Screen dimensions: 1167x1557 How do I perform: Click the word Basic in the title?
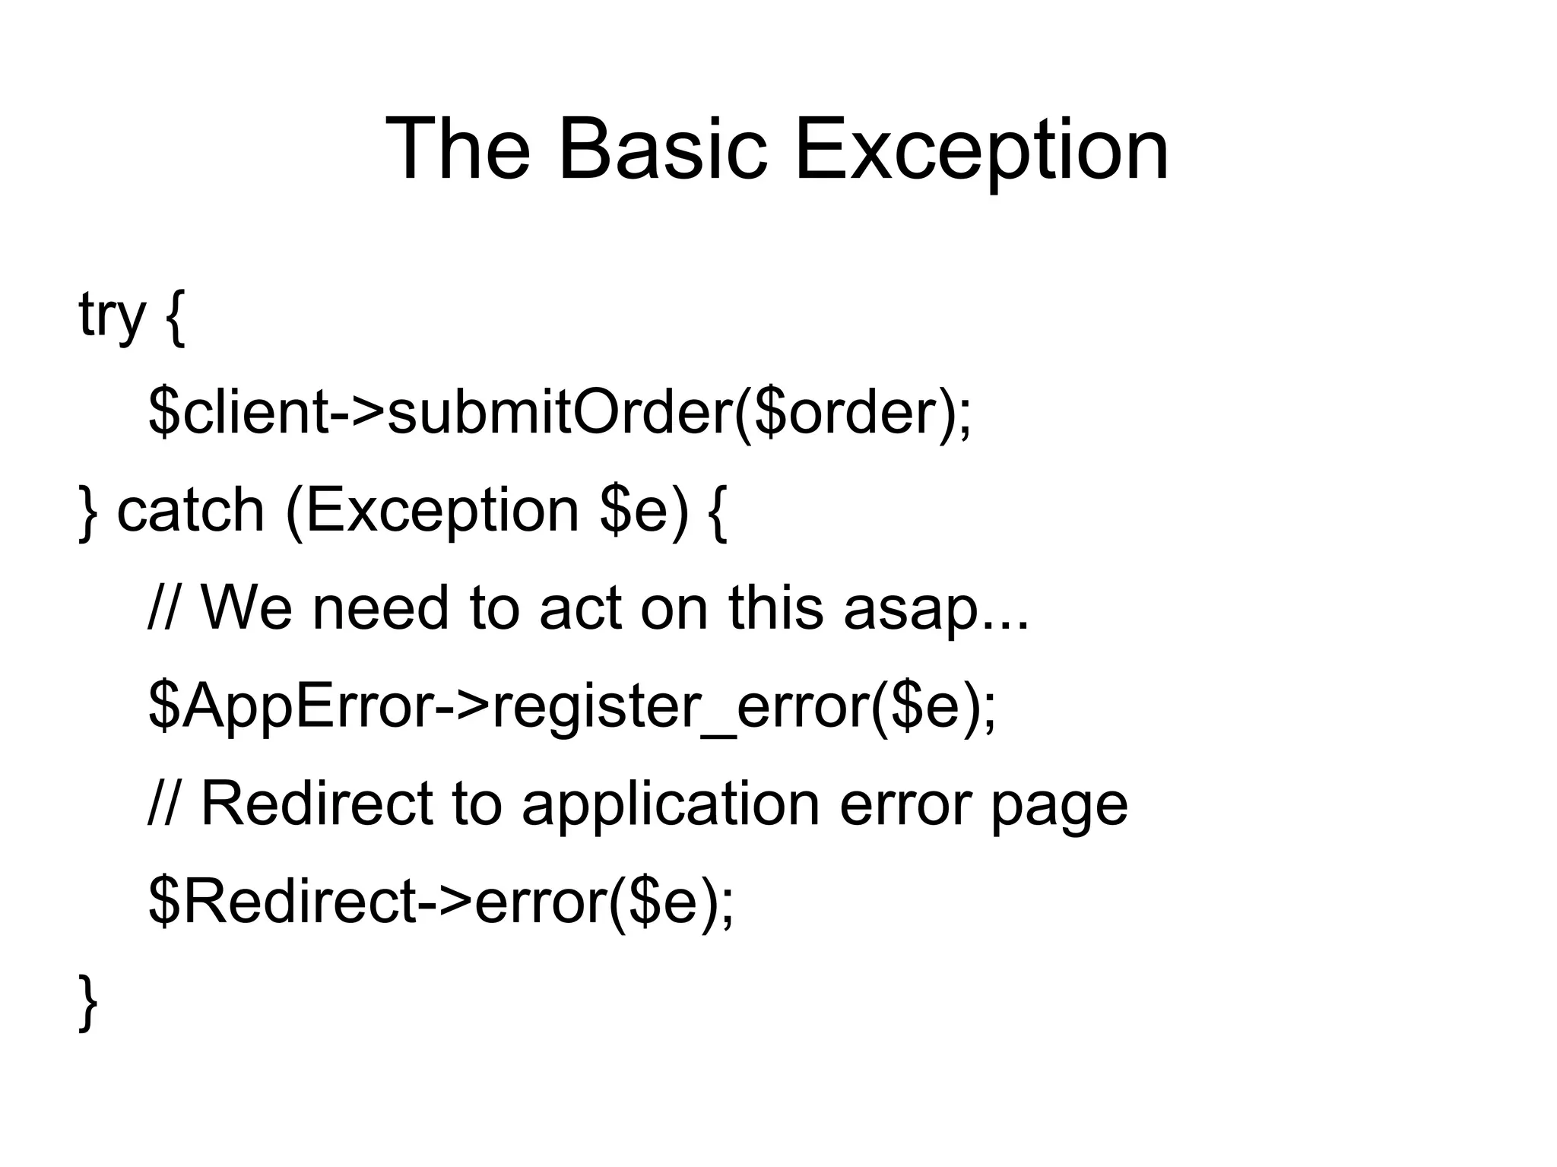[x=662, y=150]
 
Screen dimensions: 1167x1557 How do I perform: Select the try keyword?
[x=111, y=316]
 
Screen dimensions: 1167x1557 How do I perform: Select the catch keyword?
[x=190, y=511]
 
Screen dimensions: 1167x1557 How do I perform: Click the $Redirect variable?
[x=282, y=902]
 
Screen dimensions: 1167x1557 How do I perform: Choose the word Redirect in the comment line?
[x=316, y=804]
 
